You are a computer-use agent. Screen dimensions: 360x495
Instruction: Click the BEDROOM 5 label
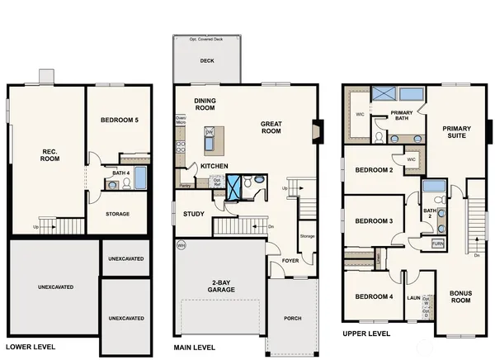(120, 121)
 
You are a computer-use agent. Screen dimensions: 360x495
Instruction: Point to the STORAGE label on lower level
(119, 214)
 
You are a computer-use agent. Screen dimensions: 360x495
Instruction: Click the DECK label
(206, 60)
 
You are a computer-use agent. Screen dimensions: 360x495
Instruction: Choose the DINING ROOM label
(205, 104)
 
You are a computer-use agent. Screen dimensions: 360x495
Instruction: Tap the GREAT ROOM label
(271, 128)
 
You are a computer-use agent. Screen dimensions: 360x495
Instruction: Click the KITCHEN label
(214, 166)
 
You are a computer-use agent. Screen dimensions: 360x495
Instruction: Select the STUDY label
(194, 214)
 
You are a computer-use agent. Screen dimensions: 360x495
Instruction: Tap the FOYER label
(290, 260)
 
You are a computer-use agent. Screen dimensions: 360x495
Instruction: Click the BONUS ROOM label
(460, 296)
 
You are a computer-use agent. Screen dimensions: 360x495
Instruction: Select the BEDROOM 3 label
(372, 220)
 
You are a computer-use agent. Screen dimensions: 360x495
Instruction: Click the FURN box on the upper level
(437, 244)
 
